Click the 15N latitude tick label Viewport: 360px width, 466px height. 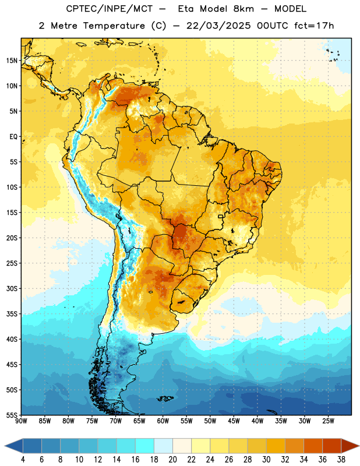pos(12,61)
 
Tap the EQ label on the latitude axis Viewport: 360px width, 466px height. pos(13,137)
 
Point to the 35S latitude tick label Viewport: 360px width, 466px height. pos(12,314)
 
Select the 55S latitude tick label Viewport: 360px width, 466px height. pos(12,415)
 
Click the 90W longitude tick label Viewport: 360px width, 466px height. pos(21,421)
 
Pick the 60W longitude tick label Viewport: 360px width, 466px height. pos(163,421)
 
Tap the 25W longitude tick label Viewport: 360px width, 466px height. pos(328,421)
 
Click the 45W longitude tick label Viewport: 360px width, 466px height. pos(234,421)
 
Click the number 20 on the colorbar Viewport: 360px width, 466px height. pos(172,460)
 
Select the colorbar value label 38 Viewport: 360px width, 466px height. pos(341,460)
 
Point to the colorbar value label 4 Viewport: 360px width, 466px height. pos(23,460)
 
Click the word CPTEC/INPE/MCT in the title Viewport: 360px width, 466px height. pos(109,9)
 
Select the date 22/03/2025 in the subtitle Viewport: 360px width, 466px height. pos(218,26)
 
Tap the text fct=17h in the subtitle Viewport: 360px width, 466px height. pos(314,26)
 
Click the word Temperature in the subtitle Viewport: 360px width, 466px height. pos(114,26)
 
